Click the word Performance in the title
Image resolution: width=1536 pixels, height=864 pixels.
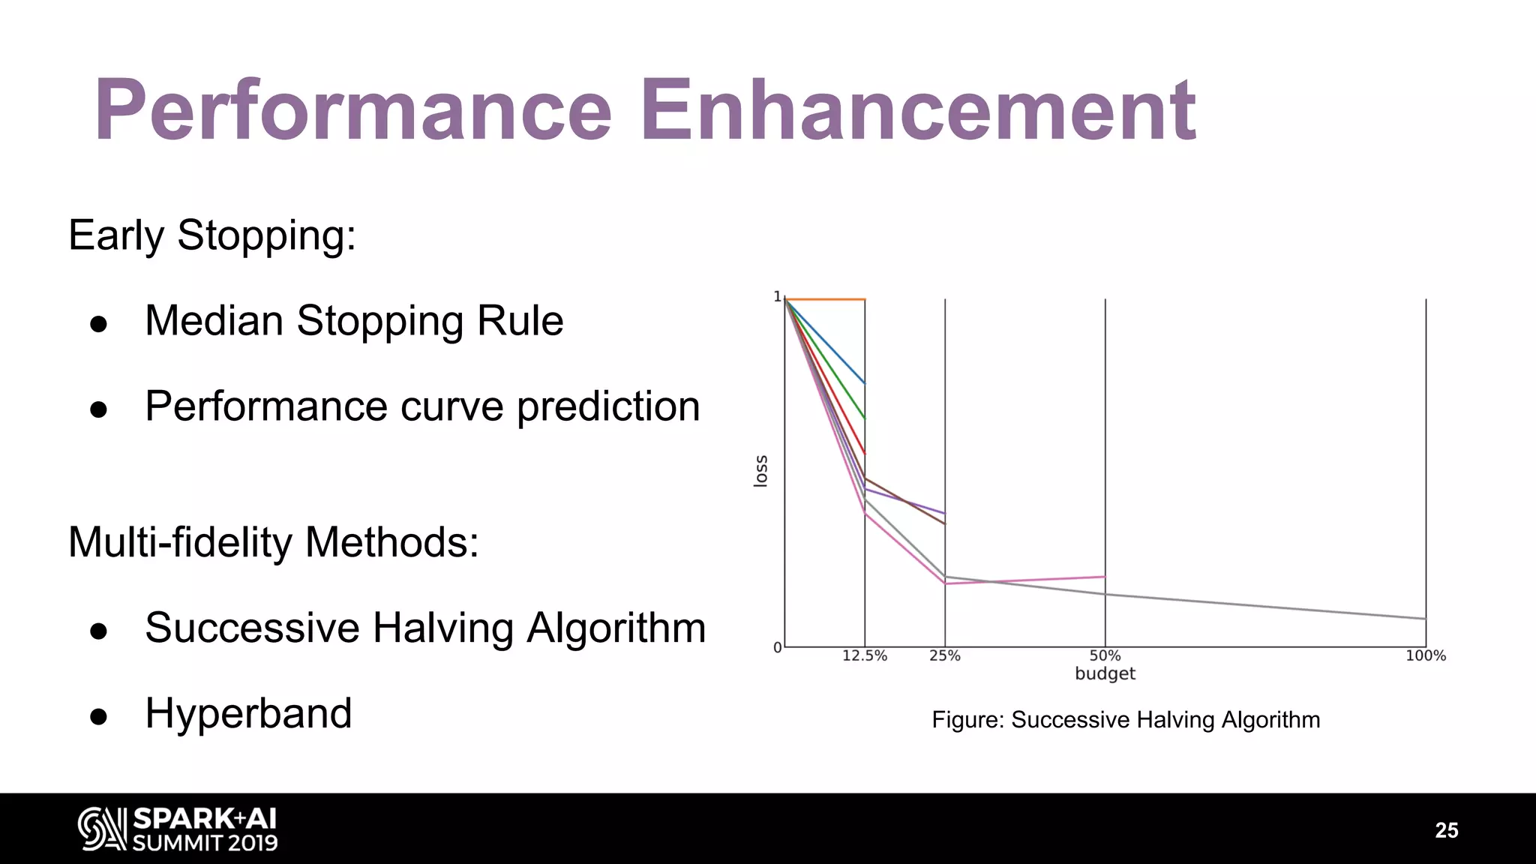coord(353,111)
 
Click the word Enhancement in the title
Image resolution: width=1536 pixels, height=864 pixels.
coord(916,111)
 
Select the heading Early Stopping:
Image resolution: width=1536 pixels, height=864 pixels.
coord(212,235)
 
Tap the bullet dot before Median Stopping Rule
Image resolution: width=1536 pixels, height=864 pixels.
coord(98,324)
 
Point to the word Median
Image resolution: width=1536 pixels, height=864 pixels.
coord(214,321)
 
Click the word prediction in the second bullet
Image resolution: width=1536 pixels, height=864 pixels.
coord(608,406)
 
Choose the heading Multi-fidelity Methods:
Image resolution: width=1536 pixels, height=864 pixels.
coord(274,542)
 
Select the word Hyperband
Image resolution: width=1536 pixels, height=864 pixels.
coord(248,713)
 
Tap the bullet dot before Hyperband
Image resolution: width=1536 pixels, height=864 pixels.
coord(98,716)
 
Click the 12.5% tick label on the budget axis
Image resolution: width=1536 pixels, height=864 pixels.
coord(865,656)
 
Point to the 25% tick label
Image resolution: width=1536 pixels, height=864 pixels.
coord(945,656)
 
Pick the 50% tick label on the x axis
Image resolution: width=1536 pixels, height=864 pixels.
coord(1105,656)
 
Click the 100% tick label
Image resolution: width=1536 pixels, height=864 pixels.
coord(1425,656)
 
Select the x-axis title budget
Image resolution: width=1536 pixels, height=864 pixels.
coord(1105,673)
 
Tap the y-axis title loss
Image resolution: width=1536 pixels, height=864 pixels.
coord(760,471)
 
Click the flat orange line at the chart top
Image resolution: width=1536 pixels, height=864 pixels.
coord(825,299)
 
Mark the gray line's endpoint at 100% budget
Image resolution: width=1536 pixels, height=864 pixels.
coord(1425,619)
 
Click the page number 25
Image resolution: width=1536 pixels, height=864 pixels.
coord(1446,830)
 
